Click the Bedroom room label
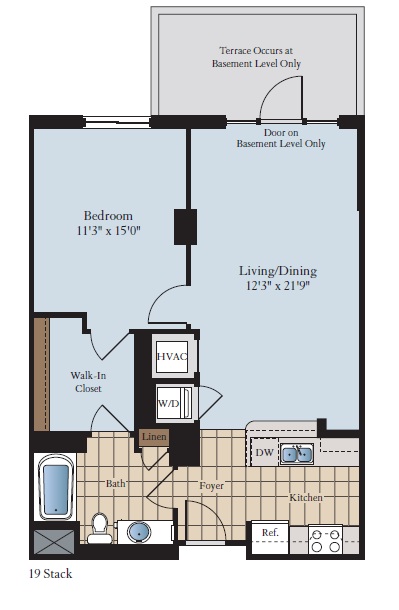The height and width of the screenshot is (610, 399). point(107,215)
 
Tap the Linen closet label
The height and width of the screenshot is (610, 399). point(153,437)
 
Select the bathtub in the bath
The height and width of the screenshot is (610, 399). point(56,489)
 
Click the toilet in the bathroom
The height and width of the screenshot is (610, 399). point(99,527)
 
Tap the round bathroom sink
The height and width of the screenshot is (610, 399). point(140,531)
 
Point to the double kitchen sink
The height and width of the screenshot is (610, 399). point(297,455)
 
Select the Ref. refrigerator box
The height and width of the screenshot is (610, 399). point(269,535)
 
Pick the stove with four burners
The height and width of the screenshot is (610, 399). point(326,541)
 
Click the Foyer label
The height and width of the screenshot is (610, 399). point(210,486)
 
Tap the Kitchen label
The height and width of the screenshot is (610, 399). point(305,497)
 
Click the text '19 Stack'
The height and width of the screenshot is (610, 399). point(51,574)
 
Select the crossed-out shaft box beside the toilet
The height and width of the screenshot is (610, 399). point(55,541)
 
